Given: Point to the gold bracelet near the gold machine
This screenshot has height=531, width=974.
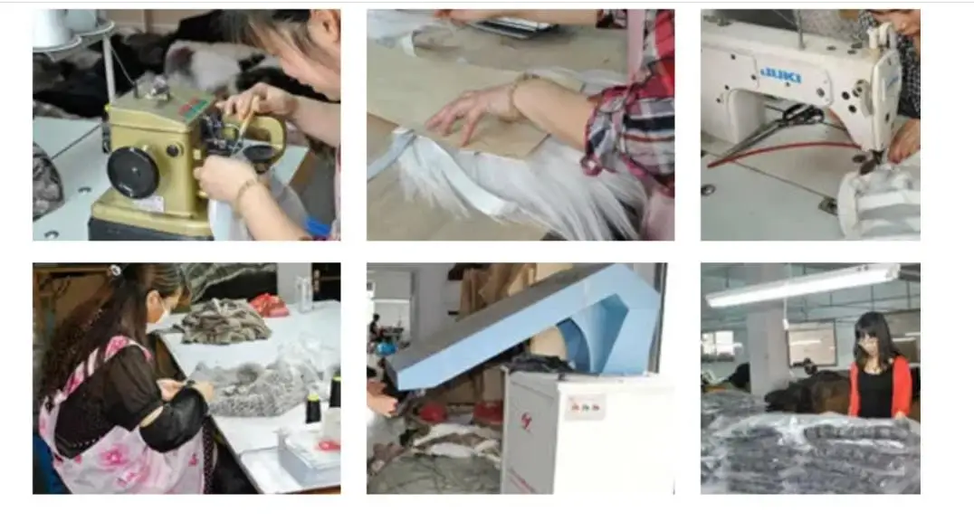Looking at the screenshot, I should (x=243, y=189).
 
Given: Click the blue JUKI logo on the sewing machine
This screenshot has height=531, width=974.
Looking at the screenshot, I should (x=781, y=73).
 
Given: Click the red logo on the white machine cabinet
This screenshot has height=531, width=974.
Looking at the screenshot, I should (x=526, y=420).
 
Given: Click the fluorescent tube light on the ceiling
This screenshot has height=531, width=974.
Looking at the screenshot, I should (x=801, y=286).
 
